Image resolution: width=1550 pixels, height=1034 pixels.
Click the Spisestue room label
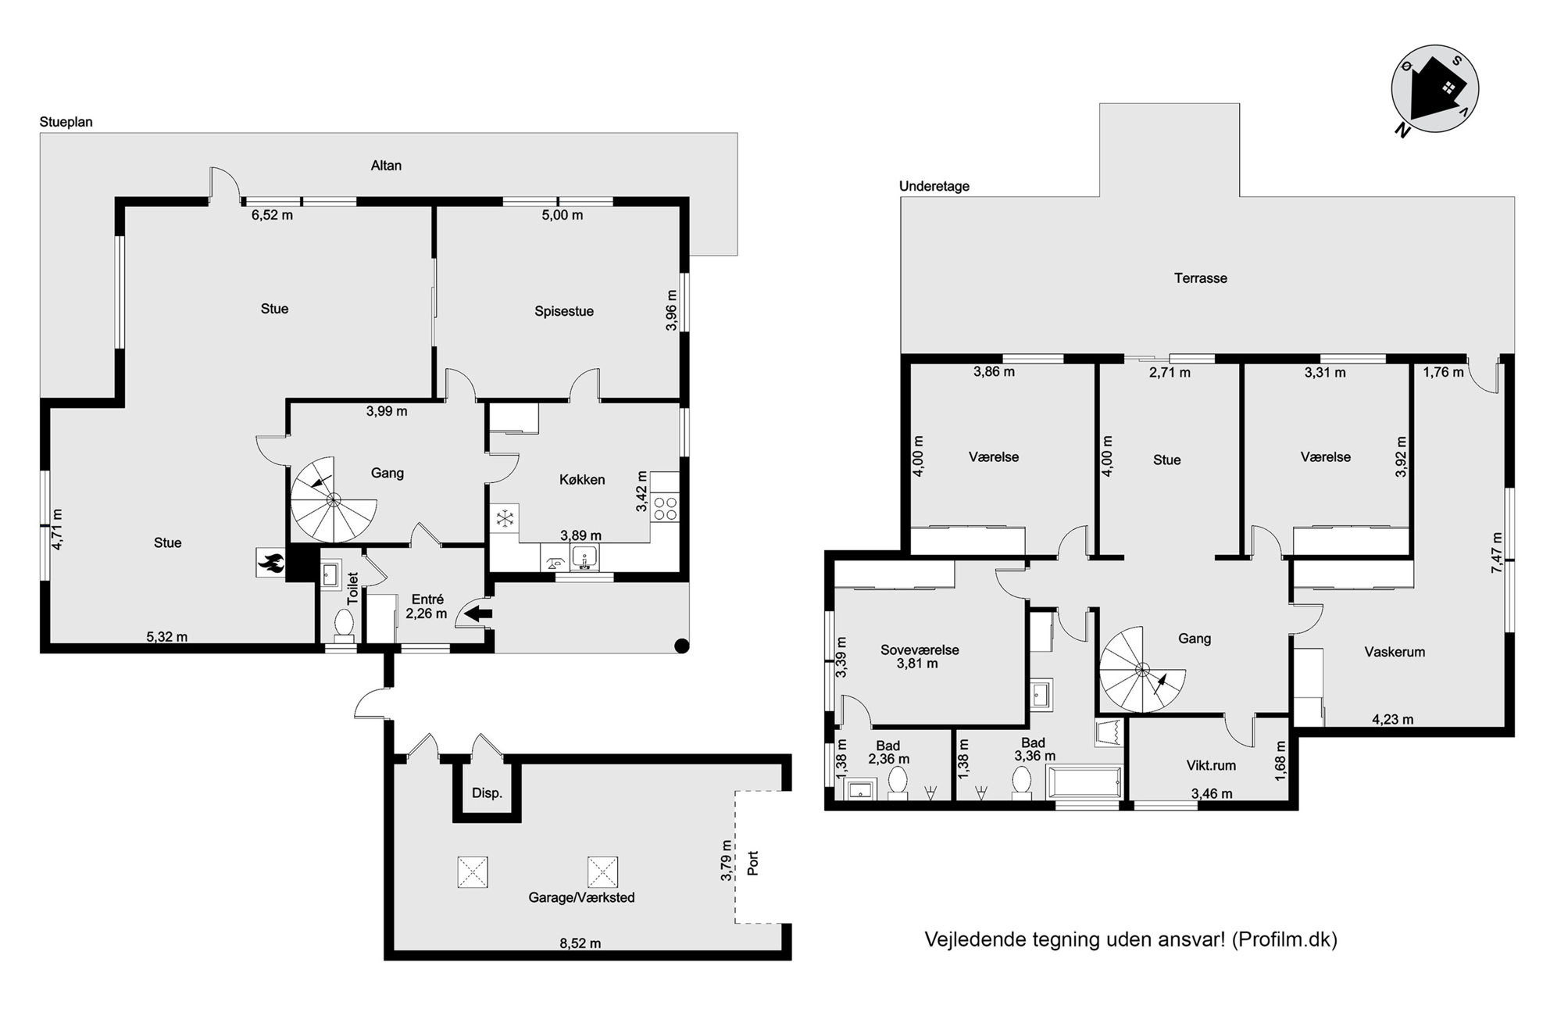pos(564,311)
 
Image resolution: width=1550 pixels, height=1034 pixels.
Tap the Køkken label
pos(582,480)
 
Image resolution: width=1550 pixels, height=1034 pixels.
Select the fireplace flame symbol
pos(271,562)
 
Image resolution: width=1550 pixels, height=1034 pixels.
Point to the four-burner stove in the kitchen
pos(665,508)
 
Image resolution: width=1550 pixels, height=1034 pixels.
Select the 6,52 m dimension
pos(272,215)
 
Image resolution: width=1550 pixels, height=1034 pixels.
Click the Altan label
pos(386,166)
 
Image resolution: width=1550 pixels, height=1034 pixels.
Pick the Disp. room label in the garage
pos(487,793)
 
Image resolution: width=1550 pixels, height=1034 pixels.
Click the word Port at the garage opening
pos(753,863)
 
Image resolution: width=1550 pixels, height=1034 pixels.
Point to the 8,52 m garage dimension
pos(580,943)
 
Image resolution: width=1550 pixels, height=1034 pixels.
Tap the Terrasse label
pos(1201,278)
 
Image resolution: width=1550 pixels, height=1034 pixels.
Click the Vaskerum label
pos(1395,652)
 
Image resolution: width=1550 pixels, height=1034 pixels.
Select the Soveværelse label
pos(920,649)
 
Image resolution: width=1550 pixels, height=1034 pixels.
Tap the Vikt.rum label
pos(1211,766)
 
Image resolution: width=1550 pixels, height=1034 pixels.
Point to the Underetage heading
pos(934,186)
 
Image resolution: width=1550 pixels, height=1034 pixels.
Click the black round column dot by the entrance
pos(681,646)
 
